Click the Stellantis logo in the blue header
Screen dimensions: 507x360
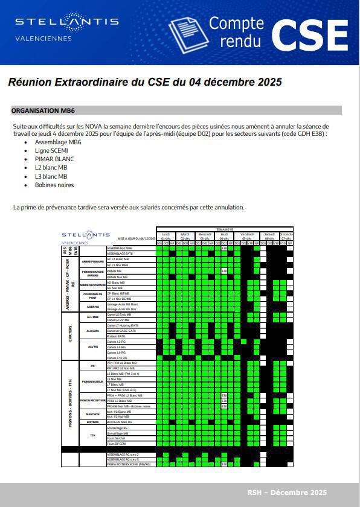[x=66, y=22]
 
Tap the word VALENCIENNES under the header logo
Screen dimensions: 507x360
[x=43, y=39]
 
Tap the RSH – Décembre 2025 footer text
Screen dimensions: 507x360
[x=287, y=493]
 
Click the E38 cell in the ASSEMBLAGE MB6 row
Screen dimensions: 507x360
[x=224, y=248]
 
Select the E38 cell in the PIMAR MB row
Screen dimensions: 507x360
[x=224, y=271]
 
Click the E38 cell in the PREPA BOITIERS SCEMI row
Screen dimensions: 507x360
[x=224, y=464]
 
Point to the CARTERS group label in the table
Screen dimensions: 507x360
[x=71, y=336]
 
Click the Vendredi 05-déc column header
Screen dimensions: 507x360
[x=247, y=236]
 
